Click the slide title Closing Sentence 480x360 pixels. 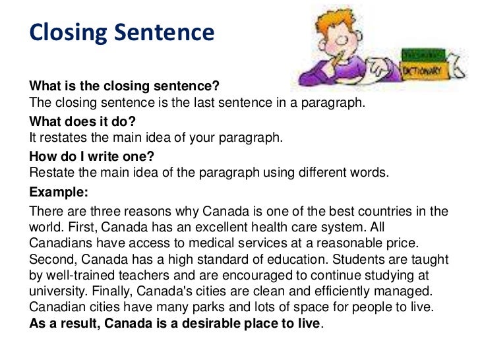coord(122,32)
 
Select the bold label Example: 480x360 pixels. coord(58,194)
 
